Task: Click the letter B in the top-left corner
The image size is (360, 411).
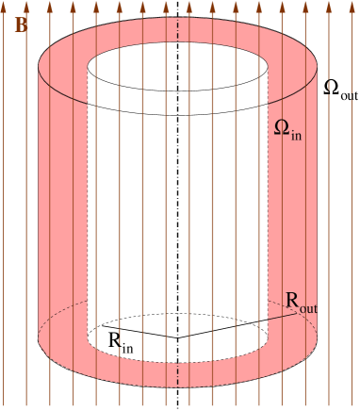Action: click(21, 25)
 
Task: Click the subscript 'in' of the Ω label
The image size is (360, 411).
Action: click(296, 135)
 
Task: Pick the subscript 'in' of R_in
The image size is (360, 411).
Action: click(127, 346)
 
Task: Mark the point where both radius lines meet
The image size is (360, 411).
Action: click(177, 337)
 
